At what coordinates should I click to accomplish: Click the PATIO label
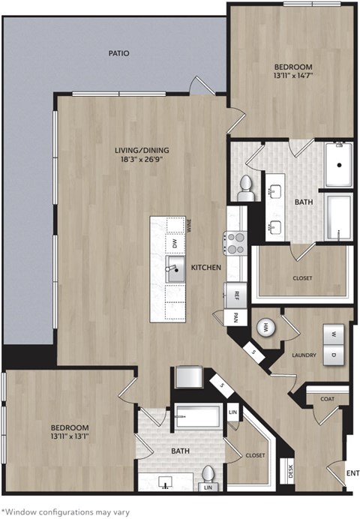pos(118,53)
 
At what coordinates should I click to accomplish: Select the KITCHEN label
pos(205,268)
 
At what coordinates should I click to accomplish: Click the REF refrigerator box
pos(235,295)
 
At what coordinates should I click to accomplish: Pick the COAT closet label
pos(328,399)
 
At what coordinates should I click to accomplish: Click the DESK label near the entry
pos(290,472)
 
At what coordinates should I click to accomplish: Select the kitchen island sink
pos(175,271)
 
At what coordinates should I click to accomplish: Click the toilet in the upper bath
pos(245,188)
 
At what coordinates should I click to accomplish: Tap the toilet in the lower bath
pos(208,475)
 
